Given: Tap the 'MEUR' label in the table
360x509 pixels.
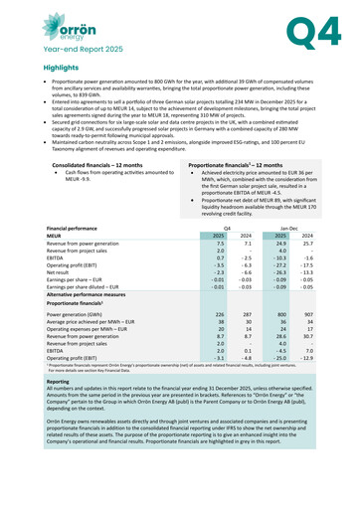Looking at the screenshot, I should (x=58, y=235).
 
